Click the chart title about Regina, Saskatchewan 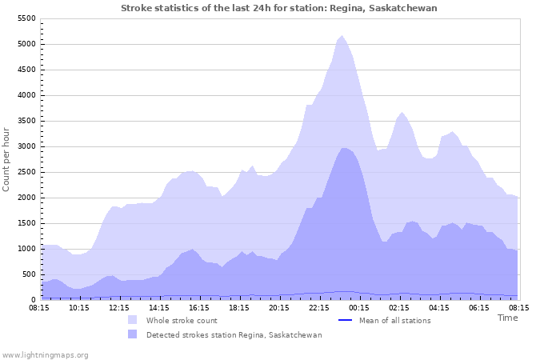[x=279, y=8]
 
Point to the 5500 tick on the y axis [x=26, y=18]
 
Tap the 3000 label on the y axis [x=26, y=146]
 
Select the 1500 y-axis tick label [x=26, y=223]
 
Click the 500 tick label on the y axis [x=28, y=274]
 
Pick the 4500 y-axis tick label [x=26, y=70]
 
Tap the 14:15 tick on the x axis [x=159, y=307]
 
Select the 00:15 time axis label [x=359, y=307]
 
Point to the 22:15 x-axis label [x=319, y=307]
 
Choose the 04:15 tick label [x=439, y=307]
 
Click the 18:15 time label [x=239, y=307]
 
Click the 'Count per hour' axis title [x=7, y=158]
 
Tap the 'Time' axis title [x=507, y=318]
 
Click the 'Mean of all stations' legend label [x=394, y=321]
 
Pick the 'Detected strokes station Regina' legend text [x=234, y=335]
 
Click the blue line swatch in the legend [x=346, y=321]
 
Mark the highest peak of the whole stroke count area [x=342, y=36]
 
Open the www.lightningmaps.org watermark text [x=45, y=354]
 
